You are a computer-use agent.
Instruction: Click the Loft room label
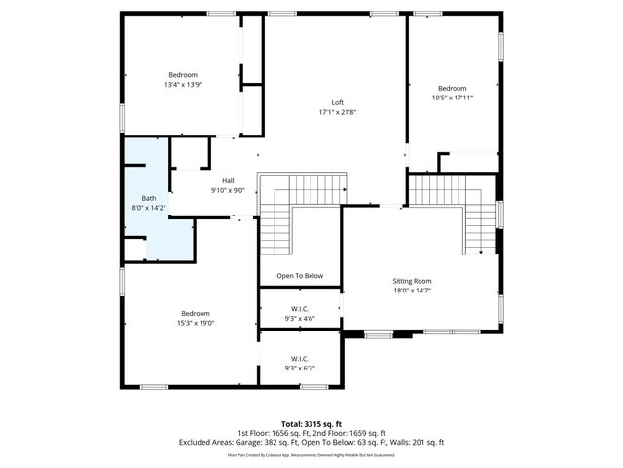click(338, 102)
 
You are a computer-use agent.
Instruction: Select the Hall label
click(228, 180)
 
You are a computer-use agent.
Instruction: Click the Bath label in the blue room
click(149, 197)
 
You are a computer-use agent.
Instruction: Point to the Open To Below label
click(300, 276)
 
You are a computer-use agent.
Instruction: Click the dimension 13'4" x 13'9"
click(183, 85)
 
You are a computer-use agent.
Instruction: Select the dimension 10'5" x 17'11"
click(452, 97)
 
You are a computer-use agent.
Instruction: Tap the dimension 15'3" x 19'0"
click(196, 323)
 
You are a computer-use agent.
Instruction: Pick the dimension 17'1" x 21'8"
click(338, 112)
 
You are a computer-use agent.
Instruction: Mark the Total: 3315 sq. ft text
click(311, 423)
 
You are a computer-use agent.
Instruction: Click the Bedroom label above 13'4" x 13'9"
click(183, 75)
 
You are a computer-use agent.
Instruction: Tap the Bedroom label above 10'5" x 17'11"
click(452, 88)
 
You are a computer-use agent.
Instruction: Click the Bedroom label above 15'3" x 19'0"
click(196, 313)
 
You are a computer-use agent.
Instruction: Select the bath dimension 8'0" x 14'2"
click(149, 207)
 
